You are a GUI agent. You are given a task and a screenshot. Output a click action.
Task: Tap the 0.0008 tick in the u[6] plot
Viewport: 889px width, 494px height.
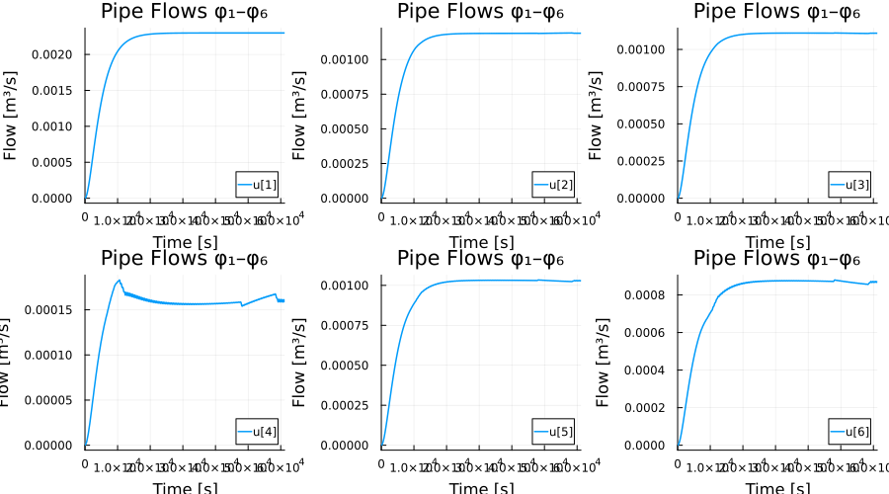[x=650, y=294]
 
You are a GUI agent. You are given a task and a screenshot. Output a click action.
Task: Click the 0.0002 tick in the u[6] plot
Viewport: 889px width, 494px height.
[x=650, y=407]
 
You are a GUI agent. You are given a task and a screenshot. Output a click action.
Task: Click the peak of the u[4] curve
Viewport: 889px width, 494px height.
[x=119, y=281]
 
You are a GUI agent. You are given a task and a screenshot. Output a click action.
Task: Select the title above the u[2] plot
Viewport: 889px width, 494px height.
[x=480, y=12]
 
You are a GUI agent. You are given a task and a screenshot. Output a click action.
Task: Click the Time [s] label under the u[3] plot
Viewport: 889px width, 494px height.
[x=776, y=242]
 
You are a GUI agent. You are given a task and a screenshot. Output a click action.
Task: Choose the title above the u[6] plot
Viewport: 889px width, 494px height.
[x=776, y=259]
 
